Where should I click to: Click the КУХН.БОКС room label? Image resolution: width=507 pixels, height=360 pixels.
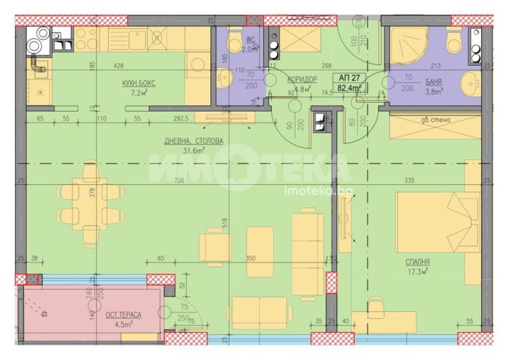point(138,83)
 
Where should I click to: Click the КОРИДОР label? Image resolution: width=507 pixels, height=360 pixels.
point(302,79)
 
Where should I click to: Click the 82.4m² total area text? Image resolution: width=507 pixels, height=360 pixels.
point(350,88)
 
